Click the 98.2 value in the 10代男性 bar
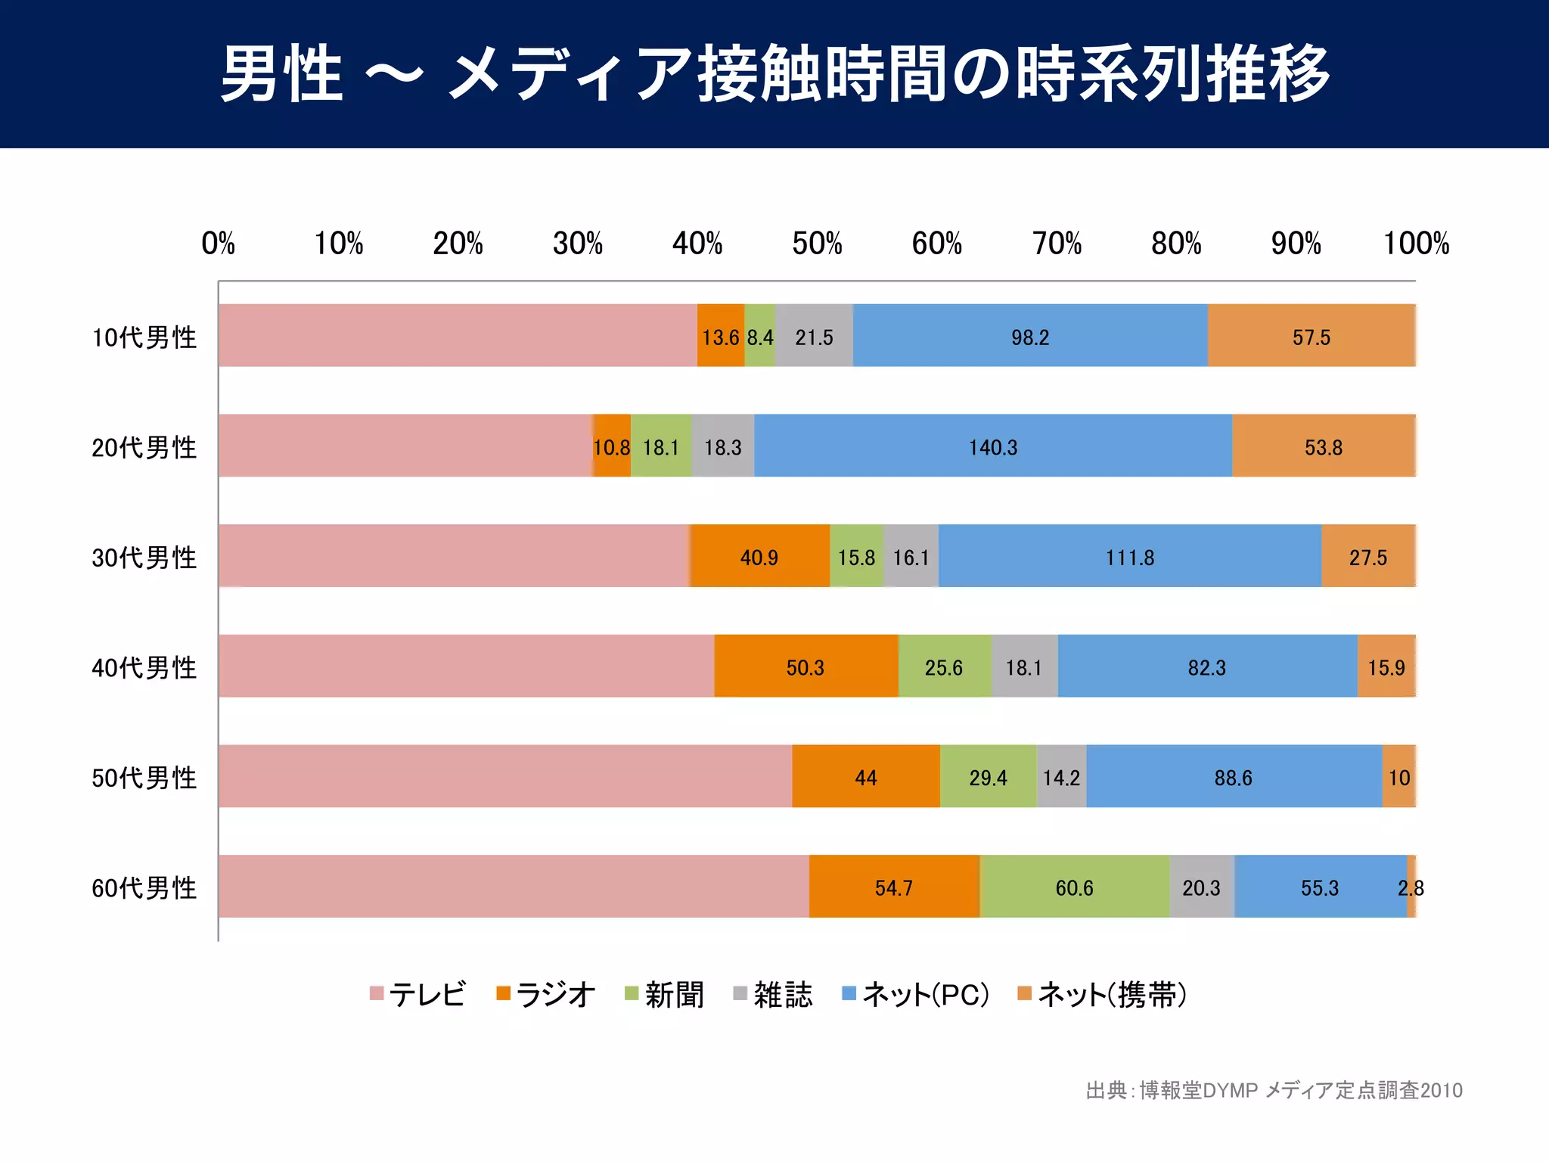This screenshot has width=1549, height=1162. tap(1029, 337)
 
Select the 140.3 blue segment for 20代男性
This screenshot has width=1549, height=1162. tap(992, 447)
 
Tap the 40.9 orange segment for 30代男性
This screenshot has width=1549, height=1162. tap(759, 558)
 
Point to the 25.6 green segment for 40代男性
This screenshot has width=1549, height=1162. tap(943, 667)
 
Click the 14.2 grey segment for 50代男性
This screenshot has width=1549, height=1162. tap(1061, 778)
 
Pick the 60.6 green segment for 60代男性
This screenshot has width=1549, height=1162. tap(1074, 887)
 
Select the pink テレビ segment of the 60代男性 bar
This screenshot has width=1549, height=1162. tap(513, 887)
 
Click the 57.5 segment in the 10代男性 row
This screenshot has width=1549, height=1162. tap(1311, 337)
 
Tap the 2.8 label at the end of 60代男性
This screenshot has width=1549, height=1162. tap(1411, 887)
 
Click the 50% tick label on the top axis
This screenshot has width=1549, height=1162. tap(817, 244)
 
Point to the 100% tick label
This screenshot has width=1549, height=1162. tap(1415, 244)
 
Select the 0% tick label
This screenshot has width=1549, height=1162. tap(218, 244)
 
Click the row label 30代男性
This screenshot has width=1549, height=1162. tap(144, 558)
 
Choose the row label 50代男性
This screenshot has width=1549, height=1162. tap(144, 778)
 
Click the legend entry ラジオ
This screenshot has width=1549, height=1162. tap(545, 994)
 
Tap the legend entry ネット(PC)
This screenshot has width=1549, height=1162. tap(916, 994)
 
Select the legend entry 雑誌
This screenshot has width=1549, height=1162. tap(773, 994)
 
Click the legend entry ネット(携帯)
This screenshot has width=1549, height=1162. tap(1102, 994)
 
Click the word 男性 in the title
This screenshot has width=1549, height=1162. tap(281, 73)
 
